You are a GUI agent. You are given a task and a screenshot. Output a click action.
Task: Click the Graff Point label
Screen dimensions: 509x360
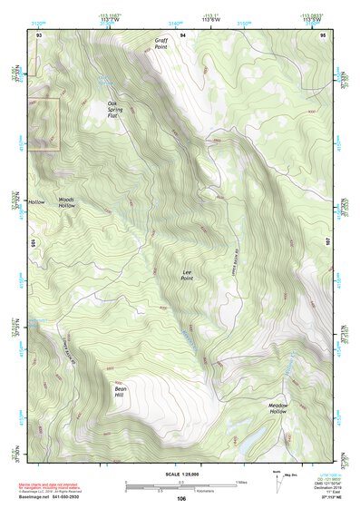161,44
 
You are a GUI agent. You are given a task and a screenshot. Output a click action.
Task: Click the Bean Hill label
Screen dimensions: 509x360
120,391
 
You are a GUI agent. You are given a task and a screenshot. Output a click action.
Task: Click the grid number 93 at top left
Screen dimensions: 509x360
39,34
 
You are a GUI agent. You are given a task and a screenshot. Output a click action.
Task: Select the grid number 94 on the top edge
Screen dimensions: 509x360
182,34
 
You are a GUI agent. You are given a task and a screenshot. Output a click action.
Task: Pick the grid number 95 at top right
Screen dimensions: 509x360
323,34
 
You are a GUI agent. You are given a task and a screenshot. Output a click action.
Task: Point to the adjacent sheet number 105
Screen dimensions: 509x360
32,243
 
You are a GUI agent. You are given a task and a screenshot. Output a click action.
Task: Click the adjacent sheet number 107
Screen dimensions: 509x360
329,243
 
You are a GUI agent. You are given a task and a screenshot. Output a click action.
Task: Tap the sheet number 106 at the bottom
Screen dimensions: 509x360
181,498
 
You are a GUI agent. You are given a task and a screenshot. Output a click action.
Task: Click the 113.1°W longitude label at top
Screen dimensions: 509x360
214,16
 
